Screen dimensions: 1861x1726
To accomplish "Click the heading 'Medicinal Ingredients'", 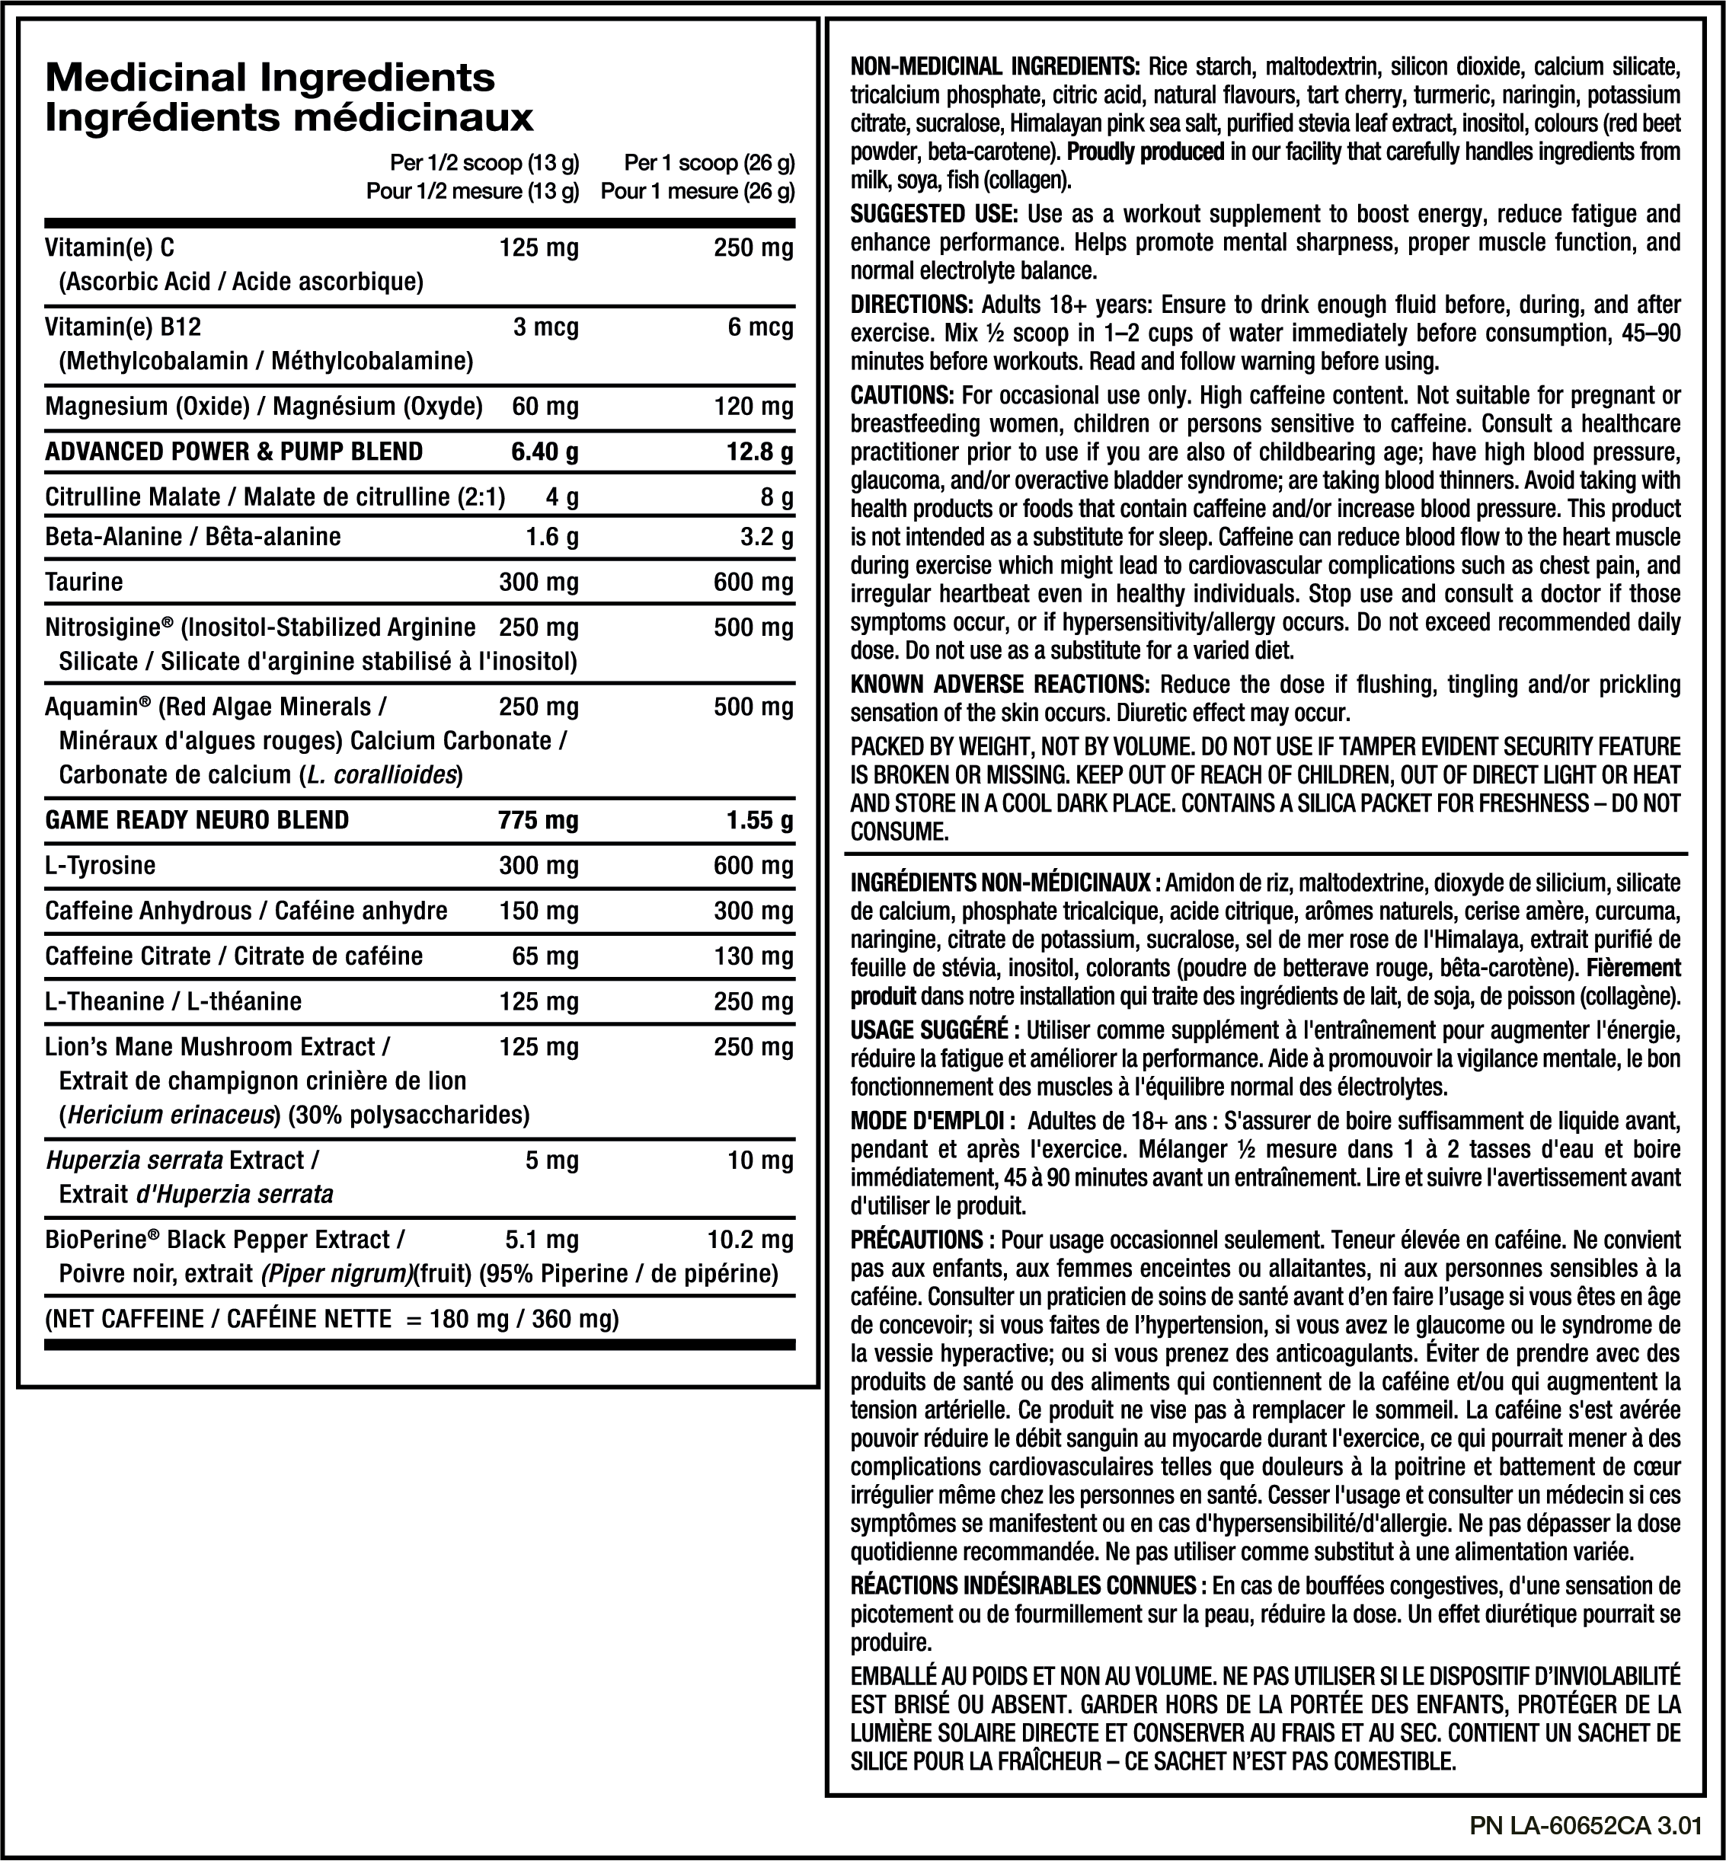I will tap(270, 77).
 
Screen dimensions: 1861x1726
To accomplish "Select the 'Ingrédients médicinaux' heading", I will tap(289, 118).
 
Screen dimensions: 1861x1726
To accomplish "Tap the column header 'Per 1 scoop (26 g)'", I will tap(709, 164).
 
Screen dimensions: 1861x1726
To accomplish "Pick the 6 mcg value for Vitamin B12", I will tap(761, 327).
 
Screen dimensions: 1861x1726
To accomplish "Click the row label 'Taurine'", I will tap(84, 583).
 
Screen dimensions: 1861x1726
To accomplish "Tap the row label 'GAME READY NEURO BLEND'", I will tap(197, 820).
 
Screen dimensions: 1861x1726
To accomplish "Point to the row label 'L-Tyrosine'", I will tap(100, 866).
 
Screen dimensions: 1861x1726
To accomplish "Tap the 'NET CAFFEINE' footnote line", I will tap(331, 1320).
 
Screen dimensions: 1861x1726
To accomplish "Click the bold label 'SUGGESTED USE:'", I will tap(933, 215).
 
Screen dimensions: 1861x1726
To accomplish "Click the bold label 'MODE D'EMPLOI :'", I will tap(926, 1121).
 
